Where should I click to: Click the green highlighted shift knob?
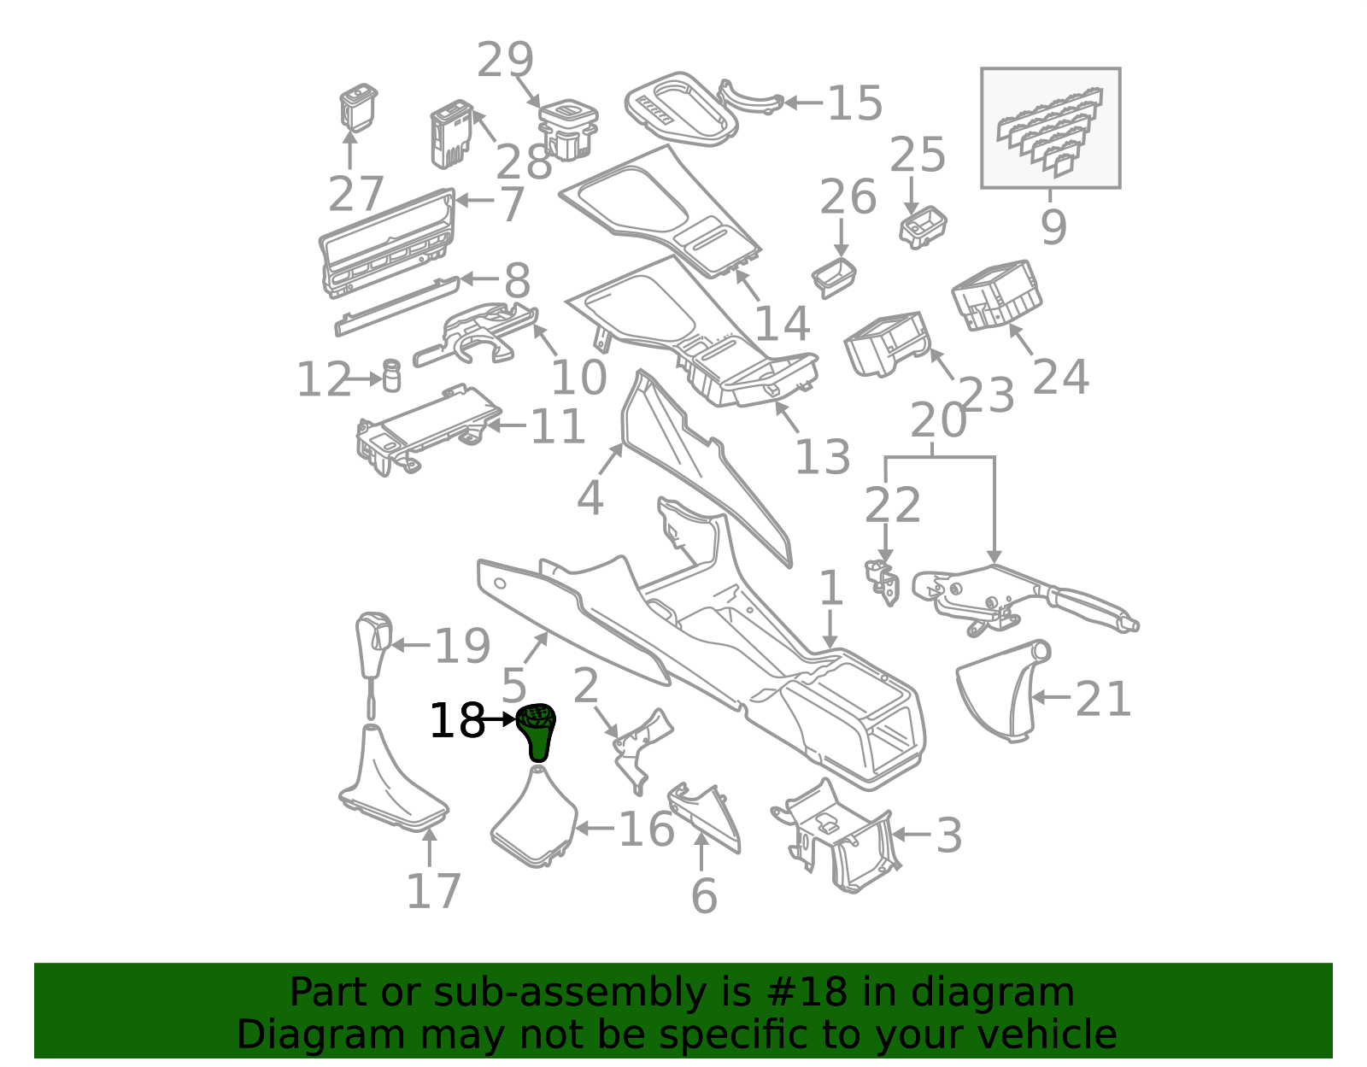(536, 732)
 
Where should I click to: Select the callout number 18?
(457, 720)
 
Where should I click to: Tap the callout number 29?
(505, 60)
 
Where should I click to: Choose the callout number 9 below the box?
(1053, 226)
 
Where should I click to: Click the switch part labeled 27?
(358, 108)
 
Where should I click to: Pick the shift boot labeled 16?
(535, 818)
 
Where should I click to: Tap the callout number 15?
(855, 103)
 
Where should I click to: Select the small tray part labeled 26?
(834, 278)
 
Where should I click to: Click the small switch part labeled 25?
(923, 227)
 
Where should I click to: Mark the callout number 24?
(1060, 377)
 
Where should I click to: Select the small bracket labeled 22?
(882, 583)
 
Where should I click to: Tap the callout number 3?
(949, 835)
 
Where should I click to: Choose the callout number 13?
(823, 456)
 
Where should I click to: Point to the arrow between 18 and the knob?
(499, 719)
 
